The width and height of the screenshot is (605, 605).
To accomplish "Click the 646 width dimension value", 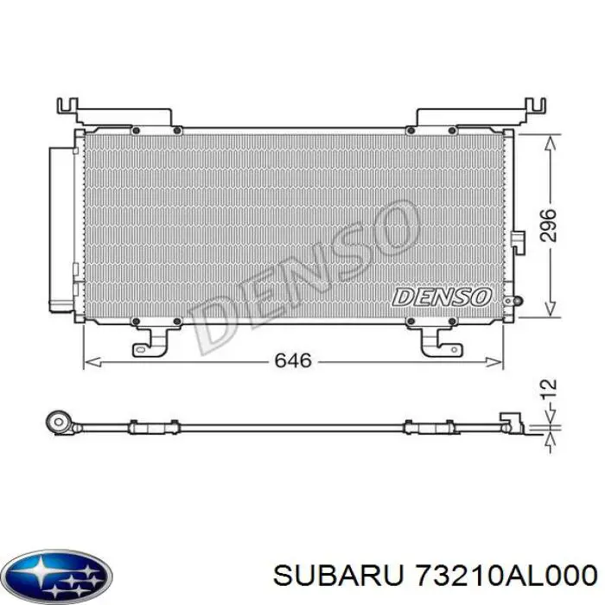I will coord(292,360).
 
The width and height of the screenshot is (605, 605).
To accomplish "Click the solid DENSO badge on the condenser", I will coord(441,296).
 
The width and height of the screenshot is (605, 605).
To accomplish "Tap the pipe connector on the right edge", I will coord(518,241).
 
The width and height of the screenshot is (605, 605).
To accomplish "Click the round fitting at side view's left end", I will coord(58,423).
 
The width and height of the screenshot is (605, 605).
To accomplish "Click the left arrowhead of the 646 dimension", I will coord(87,361).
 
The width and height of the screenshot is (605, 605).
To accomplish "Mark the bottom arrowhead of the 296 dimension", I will coord(547,314).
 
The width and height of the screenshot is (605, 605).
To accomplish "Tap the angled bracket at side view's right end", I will coord(513,421).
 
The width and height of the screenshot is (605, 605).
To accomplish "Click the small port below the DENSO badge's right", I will coord(515,302).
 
